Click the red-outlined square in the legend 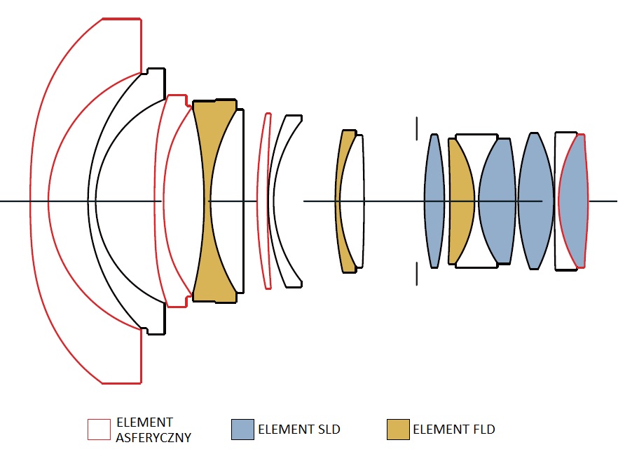99,430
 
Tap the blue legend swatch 242,430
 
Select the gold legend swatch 398,430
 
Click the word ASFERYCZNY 153,437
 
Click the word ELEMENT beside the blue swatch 286,429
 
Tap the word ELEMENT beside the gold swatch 441,429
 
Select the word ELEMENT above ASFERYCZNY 144,423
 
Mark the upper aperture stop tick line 417,128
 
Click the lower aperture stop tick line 417,274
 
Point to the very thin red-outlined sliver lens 265,201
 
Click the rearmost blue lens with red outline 573,201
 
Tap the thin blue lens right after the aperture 434,201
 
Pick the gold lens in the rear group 460,201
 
